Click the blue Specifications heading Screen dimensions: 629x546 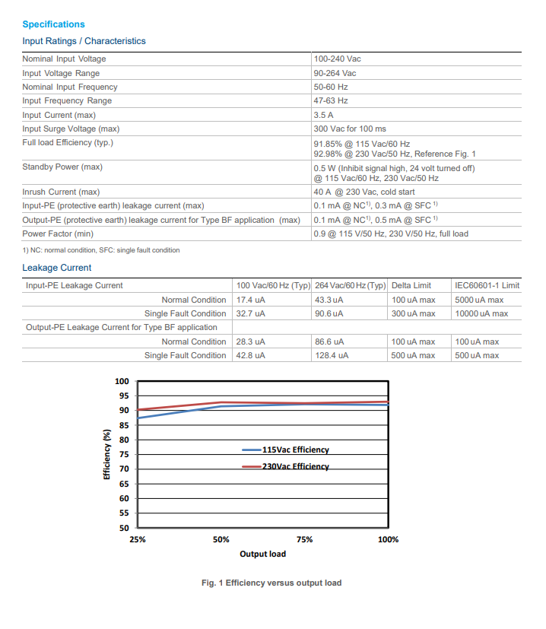(53, 24)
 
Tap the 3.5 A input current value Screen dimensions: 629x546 (323, 115)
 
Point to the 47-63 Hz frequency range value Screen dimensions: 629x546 (331, 100)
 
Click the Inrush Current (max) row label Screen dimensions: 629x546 (61, 192)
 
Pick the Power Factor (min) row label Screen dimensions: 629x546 (58, 233)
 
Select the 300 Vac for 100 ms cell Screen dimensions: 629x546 (350, 129)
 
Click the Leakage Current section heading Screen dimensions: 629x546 (56, 268)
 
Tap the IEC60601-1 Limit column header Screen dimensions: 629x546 (487, 285)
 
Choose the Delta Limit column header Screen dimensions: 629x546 (411, 285)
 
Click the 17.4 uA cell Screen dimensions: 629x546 (250, 300)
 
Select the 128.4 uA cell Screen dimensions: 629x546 (332, 355)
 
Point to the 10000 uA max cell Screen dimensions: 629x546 (481, 313)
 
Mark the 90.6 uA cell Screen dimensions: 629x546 (329, 313)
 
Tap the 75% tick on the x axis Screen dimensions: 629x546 (304, 539)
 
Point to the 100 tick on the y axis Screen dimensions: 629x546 (122, 381)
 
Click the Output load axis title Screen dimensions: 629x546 (263, 554)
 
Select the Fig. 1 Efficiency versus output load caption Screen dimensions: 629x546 (271, 583)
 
